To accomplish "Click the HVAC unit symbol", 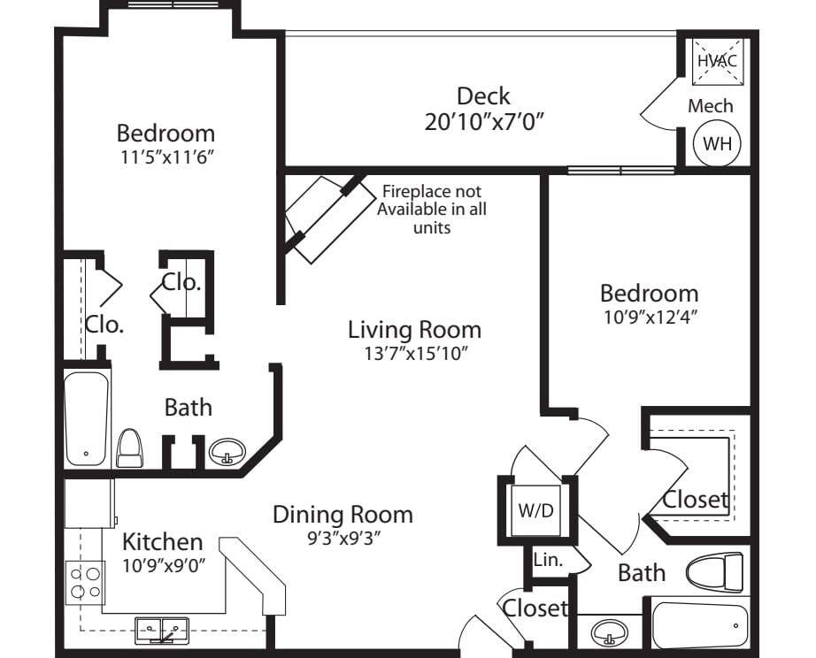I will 716,60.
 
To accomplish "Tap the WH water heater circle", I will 717,143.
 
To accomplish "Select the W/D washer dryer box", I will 536,511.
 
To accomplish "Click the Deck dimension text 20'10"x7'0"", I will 483,121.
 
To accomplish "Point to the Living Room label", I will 414,330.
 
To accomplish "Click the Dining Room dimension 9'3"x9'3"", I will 342,536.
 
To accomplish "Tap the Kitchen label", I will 162,541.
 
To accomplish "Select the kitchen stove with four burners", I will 85,582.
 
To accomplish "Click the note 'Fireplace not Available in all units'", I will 432,210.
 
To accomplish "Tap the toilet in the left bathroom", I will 129,448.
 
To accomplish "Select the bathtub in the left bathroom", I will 87,418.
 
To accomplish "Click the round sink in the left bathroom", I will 226,453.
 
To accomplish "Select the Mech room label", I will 711,106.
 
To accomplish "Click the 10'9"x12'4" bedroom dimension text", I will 649,316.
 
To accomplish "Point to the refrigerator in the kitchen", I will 89,502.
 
